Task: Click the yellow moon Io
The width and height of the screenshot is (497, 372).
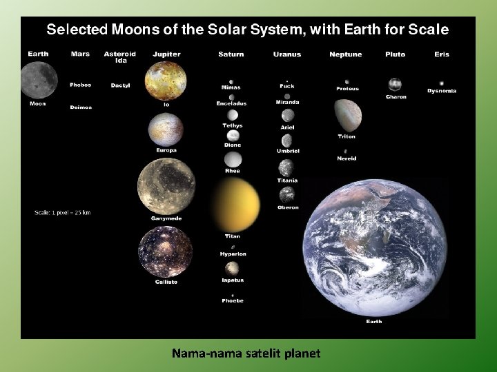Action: (x=166, y=81)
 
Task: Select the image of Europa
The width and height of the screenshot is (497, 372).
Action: (x=166, y=129)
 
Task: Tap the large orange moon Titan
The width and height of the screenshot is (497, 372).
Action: (x=234, y=205)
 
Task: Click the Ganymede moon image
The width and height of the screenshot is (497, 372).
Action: (x=166, y=186)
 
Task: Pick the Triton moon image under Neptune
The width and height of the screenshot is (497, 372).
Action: (x=347, y=115)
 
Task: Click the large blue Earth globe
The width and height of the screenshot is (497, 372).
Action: (x=374, y=247)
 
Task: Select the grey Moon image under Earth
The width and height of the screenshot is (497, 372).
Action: (x=35, y=79)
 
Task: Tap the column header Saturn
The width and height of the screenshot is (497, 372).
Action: (x=231, y=54)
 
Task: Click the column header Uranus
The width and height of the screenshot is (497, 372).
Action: (x=286, y=54)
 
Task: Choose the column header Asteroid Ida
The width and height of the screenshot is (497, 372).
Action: (x=120, y=56)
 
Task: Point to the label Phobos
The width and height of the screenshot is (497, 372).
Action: (x=80, y=85)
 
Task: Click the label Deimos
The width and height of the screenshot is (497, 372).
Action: (x=80, y=107)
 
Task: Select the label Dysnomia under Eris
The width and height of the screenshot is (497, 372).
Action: (x=442, y=91)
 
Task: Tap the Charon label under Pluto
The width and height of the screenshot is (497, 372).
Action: (x=396, y=97)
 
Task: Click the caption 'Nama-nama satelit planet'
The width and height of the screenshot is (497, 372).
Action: (x=246, y=353)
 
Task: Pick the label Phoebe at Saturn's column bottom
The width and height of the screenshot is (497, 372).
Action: (x=233, y=301)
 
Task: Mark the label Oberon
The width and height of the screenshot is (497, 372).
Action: (x=288, y=207)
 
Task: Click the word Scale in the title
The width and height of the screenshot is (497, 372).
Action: (x=429, y=30)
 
